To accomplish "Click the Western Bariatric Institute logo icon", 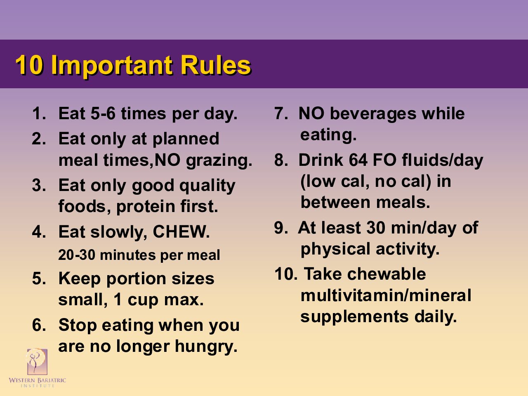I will click(37, 362).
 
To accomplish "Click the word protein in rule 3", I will click(146, 207).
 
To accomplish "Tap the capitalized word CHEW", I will click(181, 232).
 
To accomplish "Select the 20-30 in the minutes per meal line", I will click(77, 255).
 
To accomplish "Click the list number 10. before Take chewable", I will click(285, 274).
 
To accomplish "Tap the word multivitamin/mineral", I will click(386, 295).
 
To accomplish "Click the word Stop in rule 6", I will click(78, 325).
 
